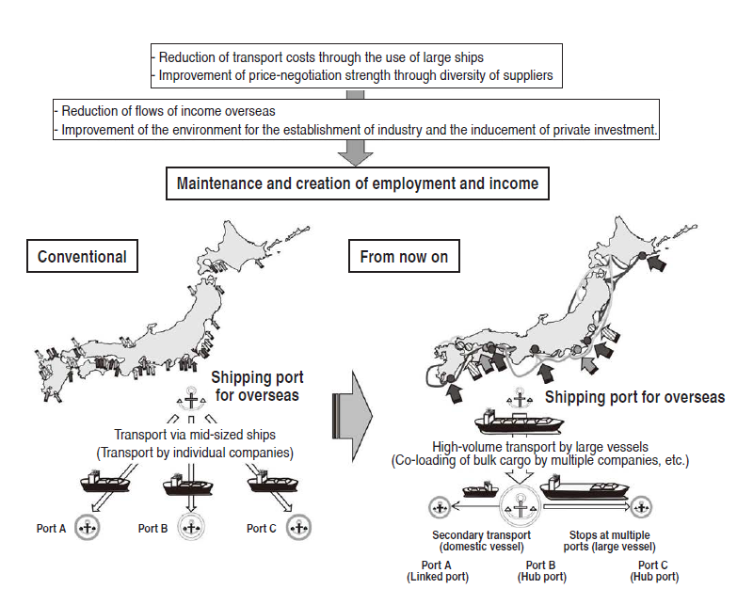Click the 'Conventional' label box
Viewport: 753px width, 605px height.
(82, 257)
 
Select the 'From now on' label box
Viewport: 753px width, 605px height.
(404, 257)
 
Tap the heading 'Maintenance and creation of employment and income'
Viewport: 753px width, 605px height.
(358, 183)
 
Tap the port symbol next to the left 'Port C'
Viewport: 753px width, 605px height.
(297, 528)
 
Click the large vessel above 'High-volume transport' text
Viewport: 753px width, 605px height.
(521, 420)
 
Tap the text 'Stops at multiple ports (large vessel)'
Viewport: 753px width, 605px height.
(610, 541)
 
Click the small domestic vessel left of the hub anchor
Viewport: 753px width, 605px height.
(481, 490)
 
